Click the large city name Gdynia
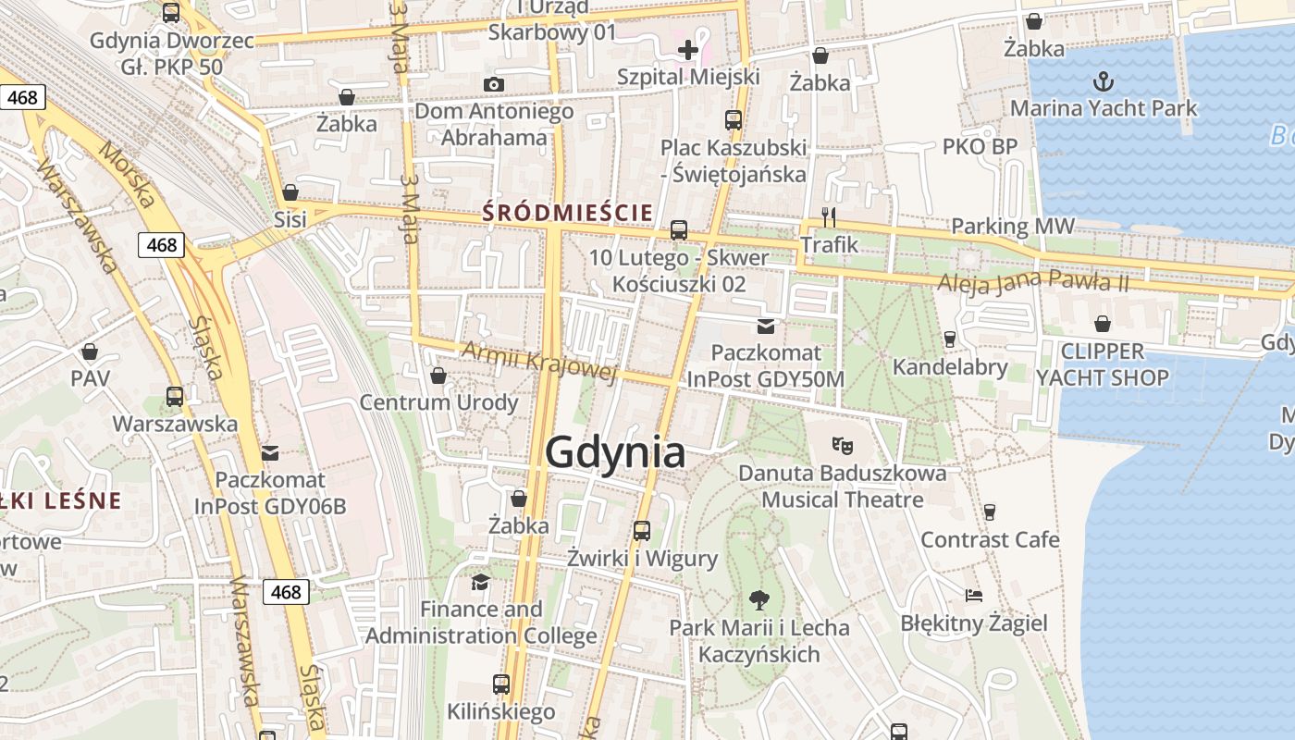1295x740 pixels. tap(615, 452)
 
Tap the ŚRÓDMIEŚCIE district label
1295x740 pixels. tap(568, 214)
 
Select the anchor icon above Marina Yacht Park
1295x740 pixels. tap(1103, 81)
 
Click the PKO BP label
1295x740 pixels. tap(980, 146)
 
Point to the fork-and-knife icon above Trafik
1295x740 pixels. tap(829, 217)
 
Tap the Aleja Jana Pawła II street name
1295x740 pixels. tap(1032, 281)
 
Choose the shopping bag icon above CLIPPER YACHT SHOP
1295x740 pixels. tap(1102, 324)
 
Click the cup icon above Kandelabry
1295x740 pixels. tap(949, 339)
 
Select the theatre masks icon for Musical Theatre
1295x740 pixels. tap(842, 445)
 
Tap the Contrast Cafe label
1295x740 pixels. tap(990, 539)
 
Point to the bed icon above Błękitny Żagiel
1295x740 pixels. tap(973, 595)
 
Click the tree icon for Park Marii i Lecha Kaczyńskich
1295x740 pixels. tap(759, 599)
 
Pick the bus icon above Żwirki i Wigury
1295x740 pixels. tap(642, 531)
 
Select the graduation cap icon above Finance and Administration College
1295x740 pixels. tap(480, 582)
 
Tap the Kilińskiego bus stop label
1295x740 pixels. tap(500, 711)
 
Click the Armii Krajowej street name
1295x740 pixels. tap(538, 361)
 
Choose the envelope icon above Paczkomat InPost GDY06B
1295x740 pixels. tap(270, 452)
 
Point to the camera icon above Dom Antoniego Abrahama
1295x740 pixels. tap(494, 85)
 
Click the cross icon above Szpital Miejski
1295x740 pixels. tap(688, 49)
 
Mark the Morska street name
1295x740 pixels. tap(128, 175)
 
